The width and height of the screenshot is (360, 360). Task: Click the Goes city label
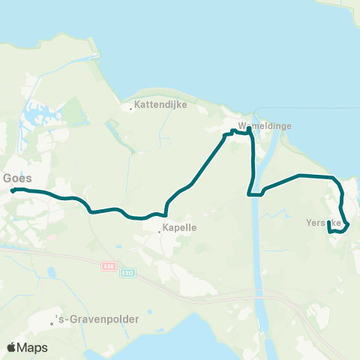pyautogui.click(x=16, y=178)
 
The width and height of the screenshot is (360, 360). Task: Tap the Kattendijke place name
pyautogui.click(x=157, y=106)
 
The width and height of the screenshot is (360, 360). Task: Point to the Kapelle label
pyautogui.click(x=179, y=231)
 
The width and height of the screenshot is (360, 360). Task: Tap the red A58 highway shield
pyautogui.click(x=109, y=265)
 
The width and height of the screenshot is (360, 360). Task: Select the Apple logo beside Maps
pyautogui.click(x=12, y=347)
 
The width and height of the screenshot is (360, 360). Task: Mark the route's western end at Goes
pyautogui.click(x=13, y=191)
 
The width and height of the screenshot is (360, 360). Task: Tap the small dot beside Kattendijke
pyautogui.click(x=131, y=109)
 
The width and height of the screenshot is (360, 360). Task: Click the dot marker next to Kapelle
pyautogui.click(x=160, y=231)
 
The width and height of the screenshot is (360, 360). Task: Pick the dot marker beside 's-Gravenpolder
pyautogui.click(x=52, y=323)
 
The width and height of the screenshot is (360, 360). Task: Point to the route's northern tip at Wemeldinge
pyautogui.click(x=248, y=129)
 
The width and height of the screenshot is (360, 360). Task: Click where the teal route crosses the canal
pyautogui.click(x=256, y=193)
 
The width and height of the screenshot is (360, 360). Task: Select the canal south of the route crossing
pyautogui.click(x=258, y=247)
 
